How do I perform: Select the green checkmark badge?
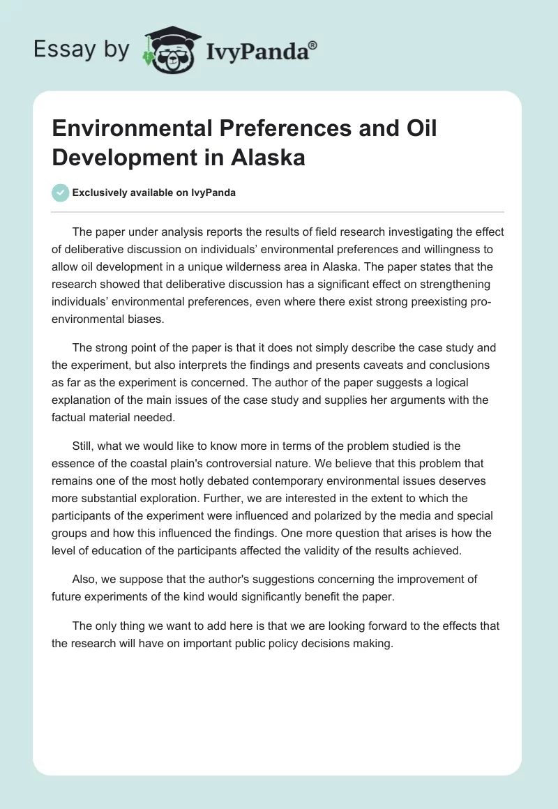61,192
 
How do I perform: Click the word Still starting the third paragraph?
84,446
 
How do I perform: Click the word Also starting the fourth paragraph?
84,581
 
